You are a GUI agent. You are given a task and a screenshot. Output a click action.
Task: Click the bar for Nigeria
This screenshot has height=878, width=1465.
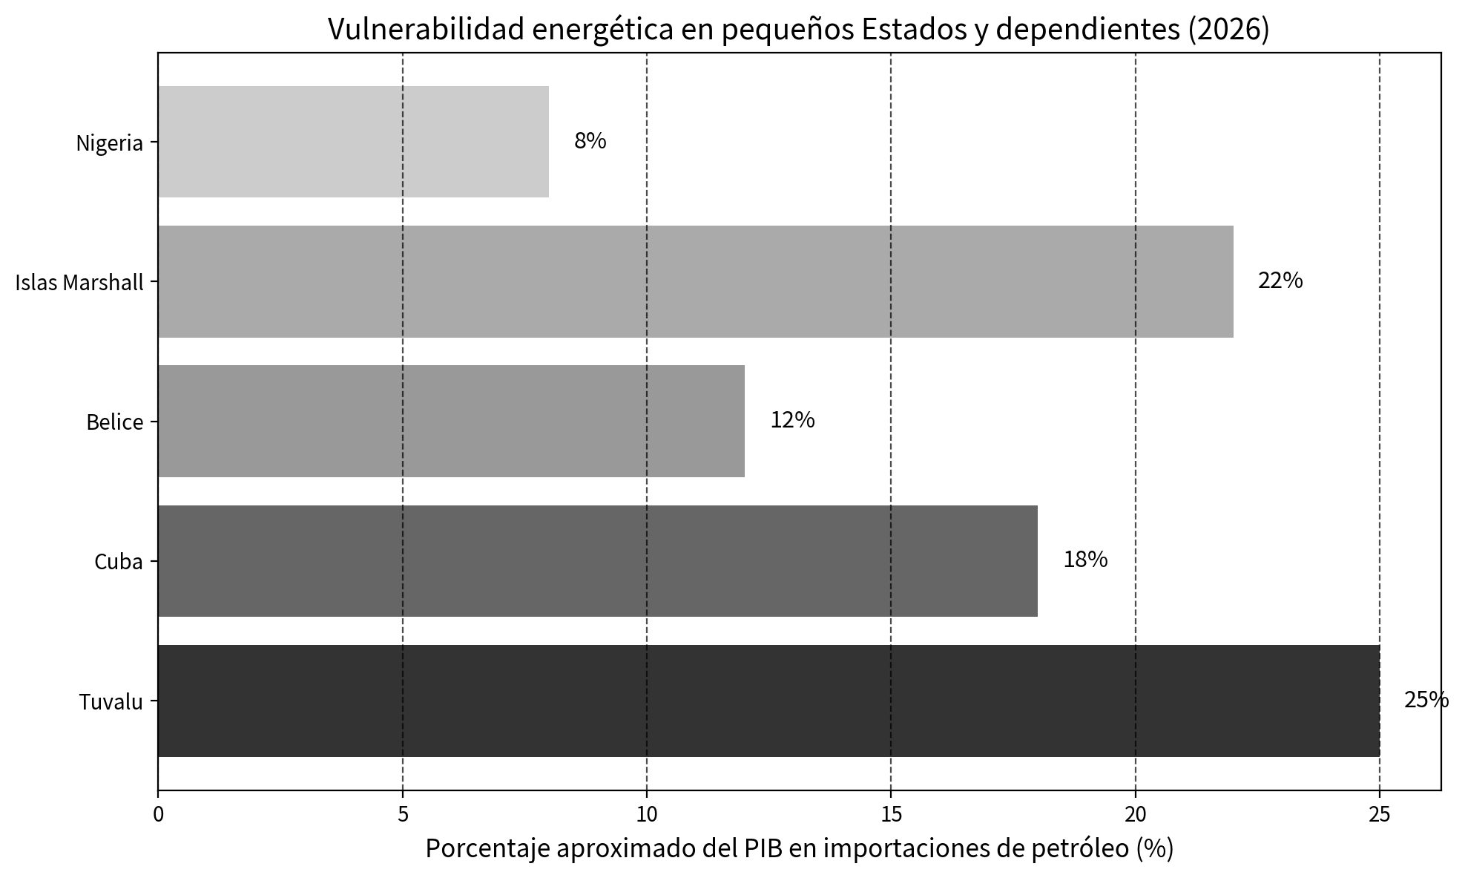click(x=353, y=142)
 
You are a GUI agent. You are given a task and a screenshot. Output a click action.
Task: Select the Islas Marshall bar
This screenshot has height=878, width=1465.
click(x=696, y=281)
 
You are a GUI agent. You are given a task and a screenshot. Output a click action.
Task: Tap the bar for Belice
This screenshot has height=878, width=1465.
click(x=451, y=421)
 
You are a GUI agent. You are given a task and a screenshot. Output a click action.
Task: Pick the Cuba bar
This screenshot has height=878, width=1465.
click(x=598, y=561)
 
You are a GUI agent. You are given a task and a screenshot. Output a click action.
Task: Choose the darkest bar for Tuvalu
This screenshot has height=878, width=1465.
click(x=768, y=701)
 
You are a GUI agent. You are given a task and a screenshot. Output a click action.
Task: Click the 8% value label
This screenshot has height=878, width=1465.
click(x=590, y=141)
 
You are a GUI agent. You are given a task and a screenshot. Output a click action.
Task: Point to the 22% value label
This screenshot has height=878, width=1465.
click(x=1280, y=281)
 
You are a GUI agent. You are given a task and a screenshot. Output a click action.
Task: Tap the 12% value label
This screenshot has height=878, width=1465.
click(x=792, y=420)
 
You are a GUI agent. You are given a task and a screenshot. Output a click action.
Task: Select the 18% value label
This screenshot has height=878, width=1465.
click(x=1085, y=560)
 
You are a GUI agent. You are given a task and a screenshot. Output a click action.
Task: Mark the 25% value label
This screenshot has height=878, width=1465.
click(x=1426, y=700)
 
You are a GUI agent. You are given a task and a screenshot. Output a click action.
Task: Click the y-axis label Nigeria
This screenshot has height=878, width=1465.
click(x=110, y=143)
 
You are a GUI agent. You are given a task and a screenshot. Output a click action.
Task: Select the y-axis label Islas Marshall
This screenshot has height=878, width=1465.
click(x=79, y=283)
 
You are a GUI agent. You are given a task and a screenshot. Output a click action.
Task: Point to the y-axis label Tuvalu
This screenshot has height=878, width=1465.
click(x=111, y=702)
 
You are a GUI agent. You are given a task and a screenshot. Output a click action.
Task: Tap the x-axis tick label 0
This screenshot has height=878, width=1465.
click(x=158, y=815)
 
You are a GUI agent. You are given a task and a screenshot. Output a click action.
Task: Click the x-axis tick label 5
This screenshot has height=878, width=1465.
click(x=403, y=815)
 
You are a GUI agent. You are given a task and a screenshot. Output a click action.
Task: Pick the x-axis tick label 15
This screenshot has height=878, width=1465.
click(x=891, y=815)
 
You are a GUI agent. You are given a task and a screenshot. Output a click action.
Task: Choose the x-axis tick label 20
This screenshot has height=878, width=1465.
click(x=1136, y=815)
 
